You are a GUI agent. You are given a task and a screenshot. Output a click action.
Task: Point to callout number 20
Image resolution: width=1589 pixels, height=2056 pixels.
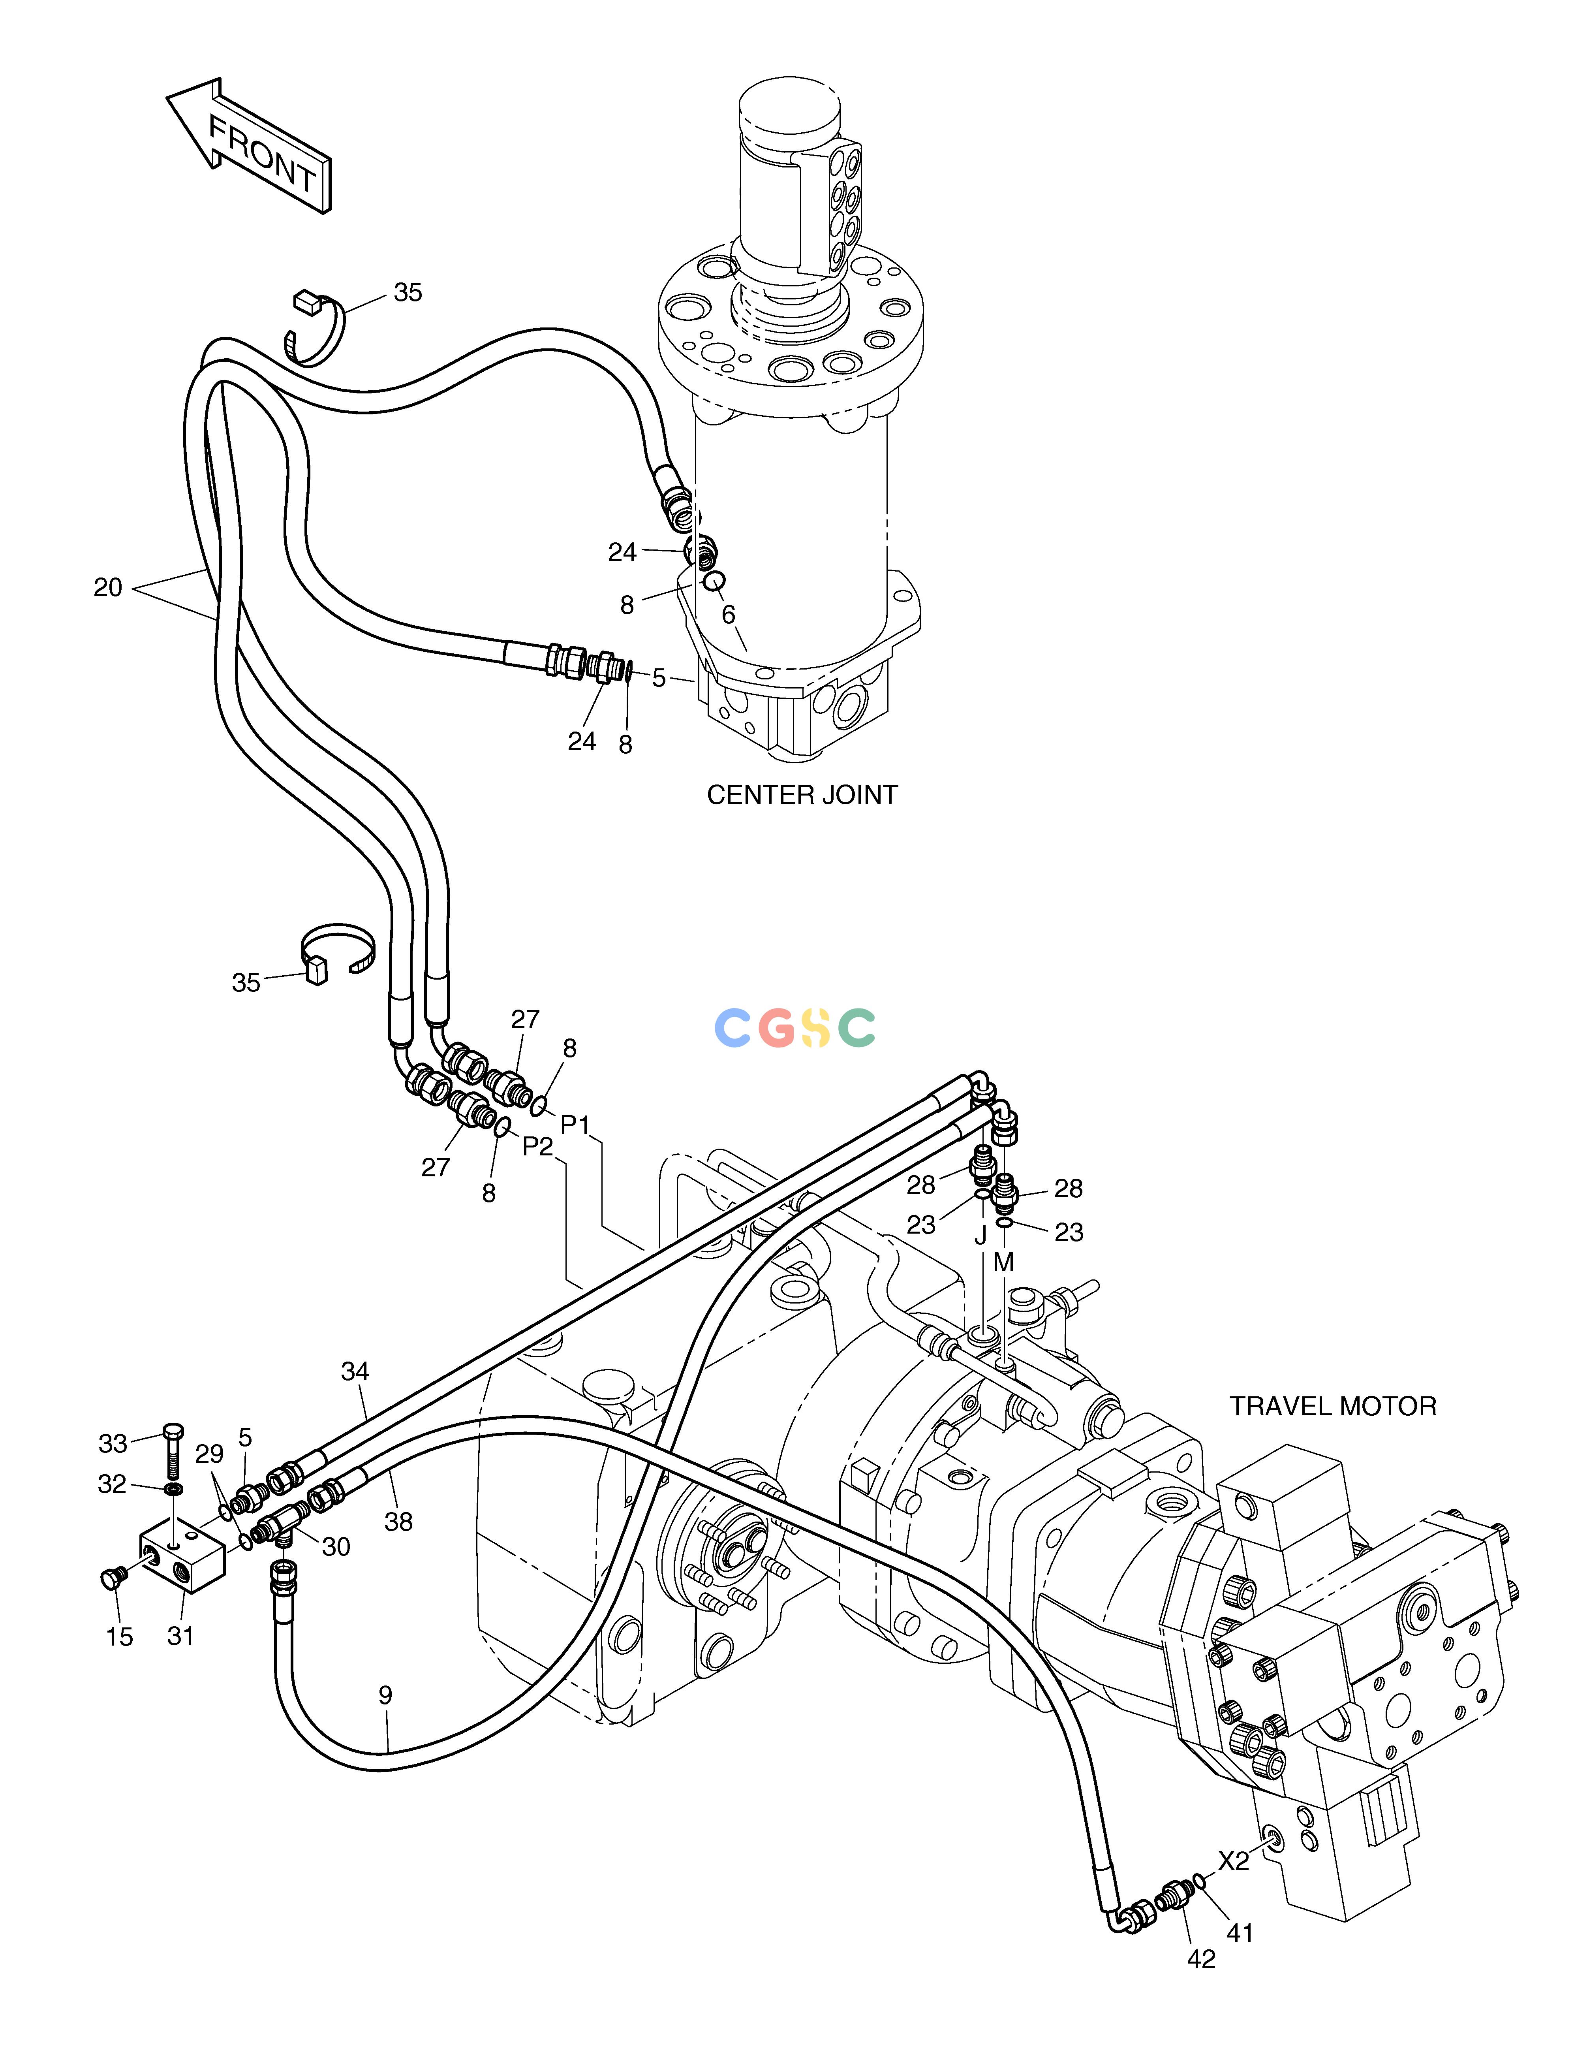108,587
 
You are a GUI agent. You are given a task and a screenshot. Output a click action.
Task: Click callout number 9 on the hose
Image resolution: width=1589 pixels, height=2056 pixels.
385,1695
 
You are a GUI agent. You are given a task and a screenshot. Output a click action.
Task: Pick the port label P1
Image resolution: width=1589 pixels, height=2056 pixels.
575,1125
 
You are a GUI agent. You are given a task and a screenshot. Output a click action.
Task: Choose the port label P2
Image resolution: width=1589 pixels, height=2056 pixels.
537,1146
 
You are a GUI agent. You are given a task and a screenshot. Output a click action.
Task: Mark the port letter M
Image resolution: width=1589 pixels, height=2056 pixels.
1003,1262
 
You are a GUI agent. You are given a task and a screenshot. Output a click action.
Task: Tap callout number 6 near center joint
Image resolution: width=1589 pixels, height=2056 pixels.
728,614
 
